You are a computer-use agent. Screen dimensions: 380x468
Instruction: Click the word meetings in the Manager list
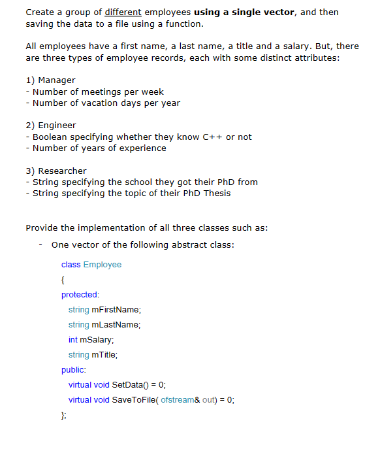point(101,92)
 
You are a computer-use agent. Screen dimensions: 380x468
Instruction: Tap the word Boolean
point(51,137)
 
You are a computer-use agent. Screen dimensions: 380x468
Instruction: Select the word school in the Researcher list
point(130,182)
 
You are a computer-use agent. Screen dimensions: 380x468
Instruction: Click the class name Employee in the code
point(103,265)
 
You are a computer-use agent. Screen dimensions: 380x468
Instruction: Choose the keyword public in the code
point(74,370)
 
